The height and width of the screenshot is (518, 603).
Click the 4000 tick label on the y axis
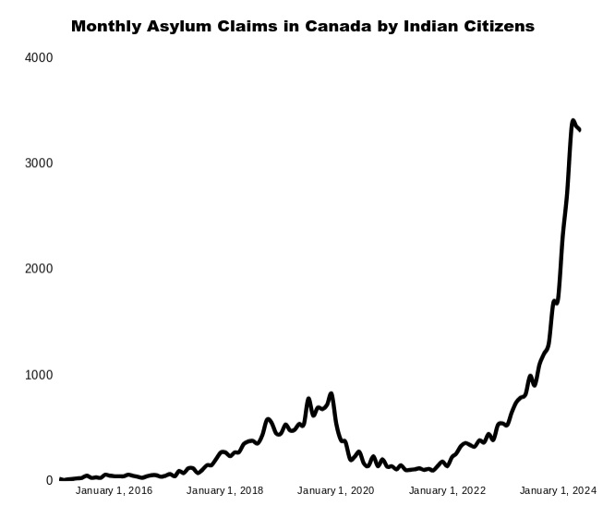pyautogui.click(x=38, y=58)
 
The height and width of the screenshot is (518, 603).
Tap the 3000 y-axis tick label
pyautogui.click(x=38, y=163)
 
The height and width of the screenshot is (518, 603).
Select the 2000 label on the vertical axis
pyautogui.click(x=38, y=270)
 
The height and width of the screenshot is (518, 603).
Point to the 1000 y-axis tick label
pyautogui.click(x=38, y=375)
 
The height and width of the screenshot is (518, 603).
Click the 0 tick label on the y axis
pyautogui.click(x=49, y=481)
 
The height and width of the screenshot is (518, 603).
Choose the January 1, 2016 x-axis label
pyautogui.click(x=114, y=490)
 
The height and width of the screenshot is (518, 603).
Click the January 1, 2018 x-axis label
pyautogui.click(x=224, y=490)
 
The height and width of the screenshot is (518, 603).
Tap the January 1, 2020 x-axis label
pyautogui.click(x=335, y=490)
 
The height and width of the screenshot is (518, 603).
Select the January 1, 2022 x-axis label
pyautogui.click(x=447, y=490)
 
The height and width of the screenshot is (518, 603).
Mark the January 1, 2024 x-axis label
pyautogui.click(x=558, y=490)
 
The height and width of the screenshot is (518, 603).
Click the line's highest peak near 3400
pyautogui.click(x=573, y=121)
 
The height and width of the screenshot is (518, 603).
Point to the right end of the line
pyautogui.click(x=579, y=130)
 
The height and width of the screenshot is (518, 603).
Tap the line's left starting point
pyautogui.click(x=60, y=479)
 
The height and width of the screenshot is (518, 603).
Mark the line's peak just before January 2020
pyautogui.click(x=331, y=394)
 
